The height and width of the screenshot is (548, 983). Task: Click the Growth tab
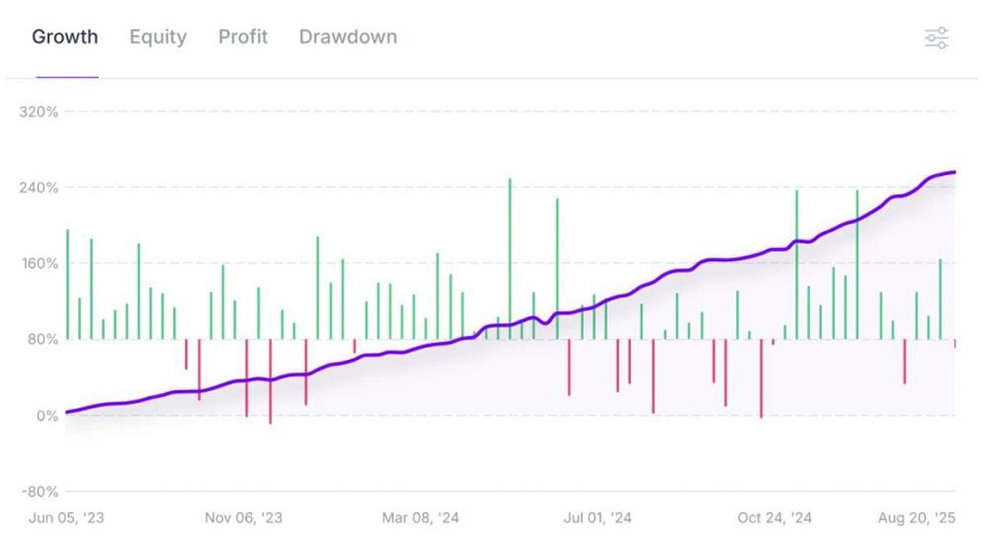point(65,37)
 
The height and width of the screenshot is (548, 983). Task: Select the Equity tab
point(158,37)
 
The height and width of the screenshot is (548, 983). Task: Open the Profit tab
point(242,37)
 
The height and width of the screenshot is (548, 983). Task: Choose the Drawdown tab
point(348,37)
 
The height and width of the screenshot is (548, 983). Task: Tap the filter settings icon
point(936,38)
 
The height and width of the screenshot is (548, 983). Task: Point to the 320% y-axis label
point(39,111)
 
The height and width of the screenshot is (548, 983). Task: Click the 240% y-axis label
point(39,187)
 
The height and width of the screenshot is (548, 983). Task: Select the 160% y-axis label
point(39,263)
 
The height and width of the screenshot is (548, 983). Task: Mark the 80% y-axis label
point(42,339)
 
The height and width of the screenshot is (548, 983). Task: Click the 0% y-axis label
point(46,416)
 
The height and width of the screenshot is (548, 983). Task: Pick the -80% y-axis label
point(39,492)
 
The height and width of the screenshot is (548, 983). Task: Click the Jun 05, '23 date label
point(67,518)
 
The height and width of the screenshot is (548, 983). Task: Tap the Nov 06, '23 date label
point(243,518)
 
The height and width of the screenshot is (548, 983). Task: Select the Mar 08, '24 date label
point(420,518)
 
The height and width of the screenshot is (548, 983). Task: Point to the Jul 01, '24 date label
point(597,518)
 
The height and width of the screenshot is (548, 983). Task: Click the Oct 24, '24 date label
point(775,518)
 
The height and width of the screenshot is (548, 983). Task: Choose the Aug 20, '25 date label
point(916,518)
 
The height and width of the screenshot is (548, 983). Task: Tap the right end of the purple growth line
point(954,172)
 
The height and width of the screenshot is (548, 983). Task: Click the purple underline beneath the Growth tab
point(67,77)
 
